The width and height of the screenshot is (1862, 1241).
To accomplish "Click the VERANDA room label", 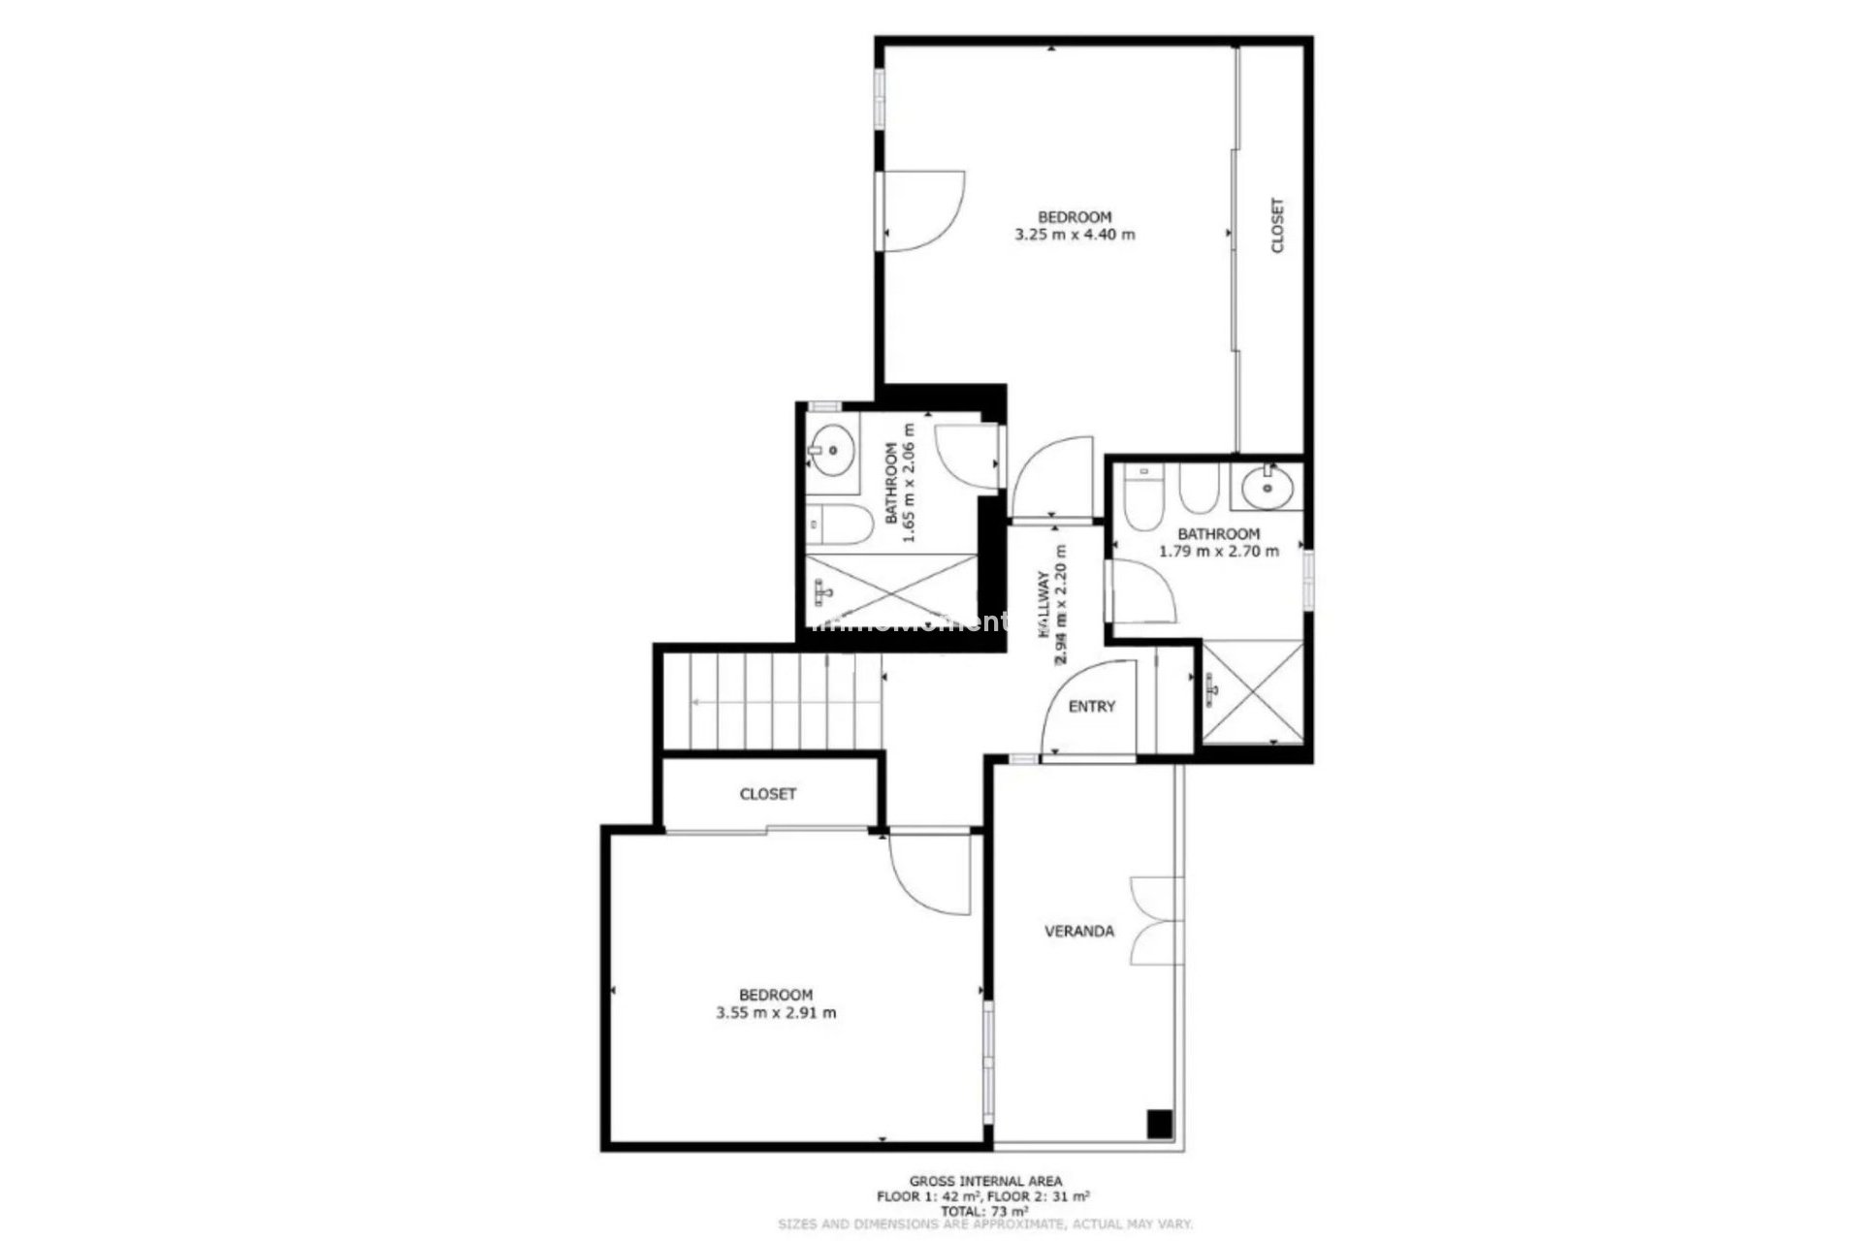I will pos(1078,931).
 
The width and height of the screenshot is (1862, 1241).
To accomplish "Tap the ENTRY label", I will pos(1091,706).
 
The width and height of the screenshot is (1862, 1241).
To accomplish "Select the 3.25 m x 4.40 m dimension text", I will pos(1074,234).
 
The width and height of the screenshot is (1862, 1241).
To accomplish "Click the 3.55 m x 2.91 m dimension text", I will pos(776,1012).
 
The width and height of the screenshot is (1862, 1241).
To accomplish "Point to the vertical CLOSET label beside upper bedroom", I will pos(1276,226).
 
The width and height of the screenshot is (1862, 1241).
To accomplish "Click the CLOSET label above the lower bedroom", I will pos(767,793).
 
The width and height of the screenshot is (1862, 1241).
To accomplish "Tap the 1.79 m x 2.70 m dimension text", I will pos(1218,551).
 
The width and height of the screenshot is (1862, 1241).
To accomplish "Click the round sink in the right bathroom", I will pos(1267,485).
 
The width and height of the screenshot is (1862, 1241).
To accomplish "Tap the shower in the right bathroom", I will pos(1252,692).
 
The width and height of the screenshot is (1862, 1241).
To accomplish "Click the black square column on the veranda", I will pos(1160,1124).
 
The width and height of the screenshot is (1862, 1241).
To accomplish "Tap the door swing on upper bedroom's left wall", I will pos(921,211).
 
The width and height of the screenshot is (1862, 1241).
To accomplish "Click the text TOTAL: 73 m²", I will pos(984,1211).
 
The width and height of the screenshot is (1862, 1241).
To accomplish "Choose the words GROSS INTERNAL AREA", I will pos(984,1181).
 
